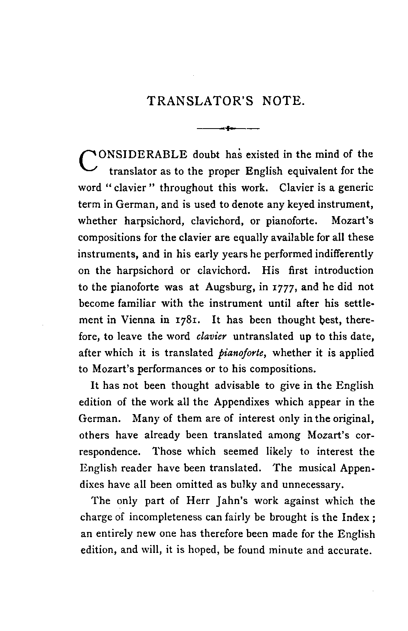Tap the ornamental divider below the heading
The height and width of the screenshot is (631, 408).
coord(228,128)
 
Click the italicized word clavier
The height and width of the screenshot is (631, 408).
coord(211,336)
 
